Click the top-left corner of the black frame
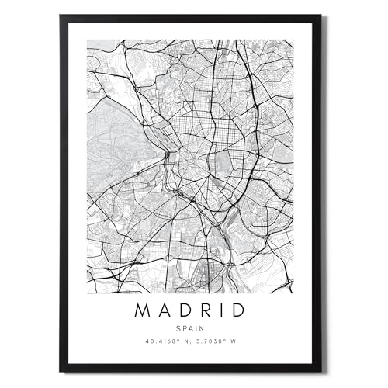tap(61, 16)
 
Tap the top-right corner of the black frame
tap(320, 16)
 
